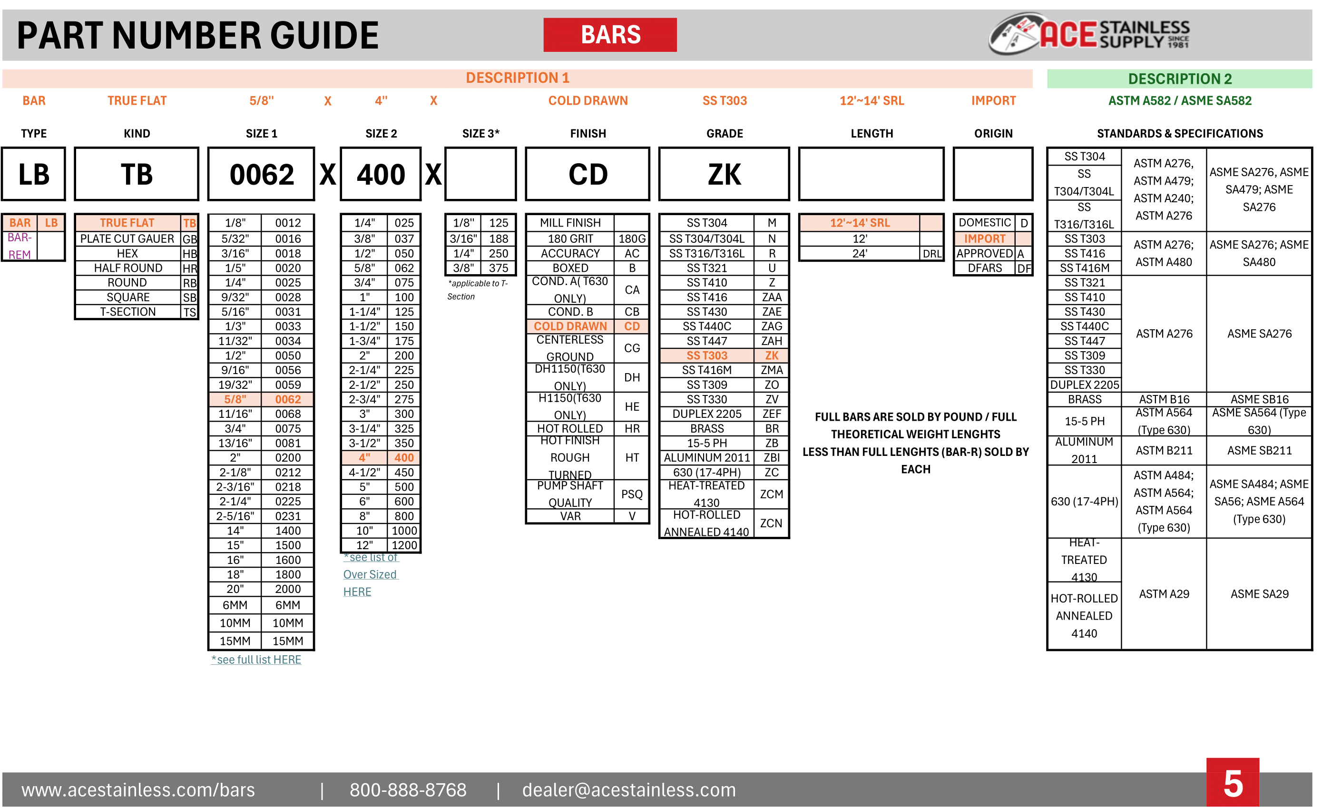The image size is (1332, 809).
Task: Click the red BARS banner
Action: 610,35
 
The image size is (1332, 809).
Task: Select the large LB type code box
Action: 33,174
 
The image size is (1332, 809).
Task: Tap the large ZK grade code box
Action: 724,174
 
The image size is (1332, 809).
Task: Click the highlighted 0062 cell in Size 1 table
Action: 288,400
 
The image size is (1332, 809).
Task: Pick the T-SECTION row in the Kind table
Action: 127,312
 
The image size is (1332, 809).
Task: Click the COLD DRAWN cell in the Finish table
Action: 570,326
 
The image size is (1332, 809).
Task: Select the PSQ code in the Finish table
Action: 631,494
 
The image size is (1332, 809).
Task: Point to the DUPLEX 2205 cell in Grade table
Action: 706,414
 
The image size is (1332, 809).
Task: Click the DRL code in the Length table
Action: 931,254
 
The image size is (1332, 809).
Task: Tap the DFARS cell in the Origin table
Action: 984,268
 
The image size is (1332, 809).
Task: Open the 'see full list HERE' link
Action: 256,660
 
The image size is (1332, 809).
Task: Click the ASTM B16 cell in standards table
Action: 1164,400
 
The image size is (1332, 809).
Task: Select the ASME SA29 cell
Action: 1259,594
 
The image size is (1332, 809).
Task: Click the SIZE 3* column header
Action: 480,134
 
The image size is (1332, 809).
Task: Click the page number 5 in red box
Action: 1232,784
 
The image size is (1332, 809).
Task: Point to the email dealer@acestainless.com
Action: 629,790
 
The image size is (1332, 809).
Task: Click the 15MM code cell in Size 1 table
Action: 288,641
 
